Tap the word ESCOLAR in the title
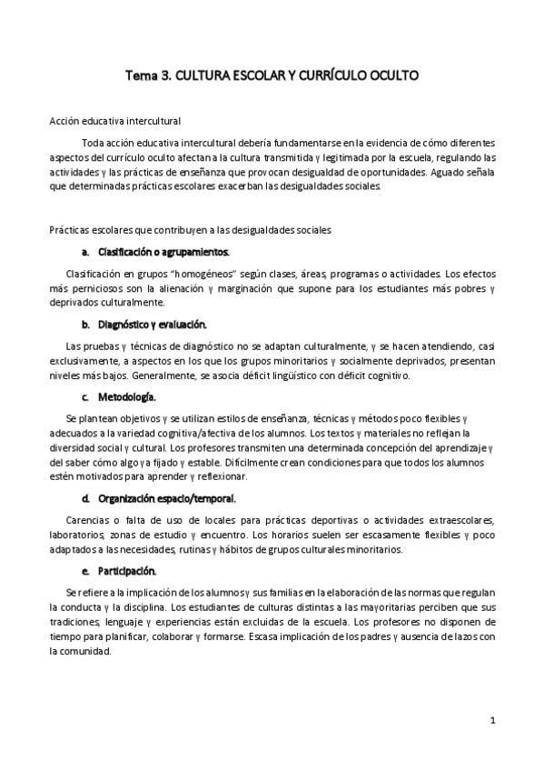(240, 78)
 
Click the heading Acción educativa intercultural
(115, 121)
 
